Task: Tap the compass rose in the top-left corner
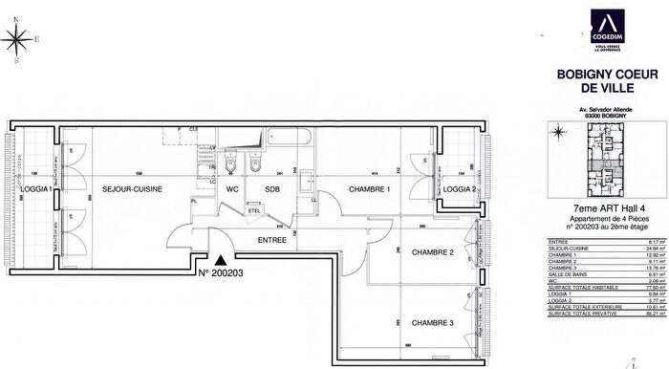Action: (x=16, y=41)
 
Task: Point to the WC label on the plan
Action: (x=231, y=189)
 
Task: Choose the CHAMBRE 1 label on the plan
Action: (x=368, y=189)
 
